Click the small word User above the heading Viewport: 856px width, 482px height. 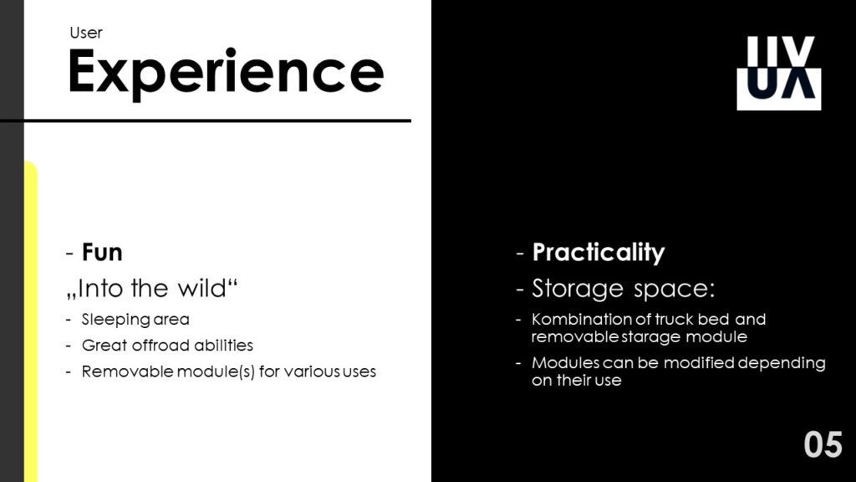86,33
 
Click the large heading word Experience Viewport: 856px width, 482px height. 226,73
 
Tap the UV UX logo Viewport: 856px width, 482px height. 779,73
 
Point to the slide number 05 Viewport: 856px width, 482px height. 823,444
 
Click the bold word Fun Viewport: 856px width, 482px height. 102,253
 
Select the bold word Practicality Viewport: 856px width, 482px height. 599,253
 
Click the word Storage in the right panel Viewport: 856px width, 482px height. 578,289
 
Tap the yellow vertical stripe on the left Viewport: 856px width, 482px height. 31,321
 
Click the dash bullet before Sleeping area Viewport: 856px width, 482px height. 69,320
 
